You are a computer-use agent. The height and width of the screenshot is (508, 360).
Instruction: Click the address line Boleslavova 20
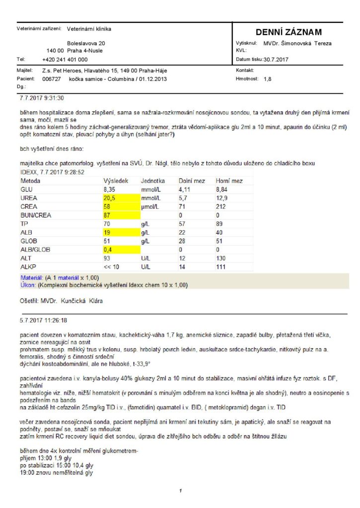pyautogui.click(x=86, y=44)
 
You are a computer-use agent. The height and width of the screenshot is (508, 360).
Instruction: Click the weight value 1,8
pyautogui.click(x=268, y=78)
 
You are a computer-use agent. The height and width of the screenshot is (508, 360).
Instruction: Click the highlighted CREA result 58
pyautogui.click(x=107, y=207)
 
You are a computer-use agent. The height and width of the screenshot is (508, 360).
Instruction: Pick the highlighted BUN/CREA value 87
pyautogui.click(x=107, y=216)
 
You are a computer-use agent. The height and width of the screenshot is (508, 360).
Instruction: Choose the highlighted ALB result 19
pyautogui.click(x=107, y=233)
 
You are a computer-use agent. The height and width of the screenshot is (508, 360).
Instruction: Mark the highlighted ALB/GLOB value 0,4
pyautogui.click(x=108, y=250)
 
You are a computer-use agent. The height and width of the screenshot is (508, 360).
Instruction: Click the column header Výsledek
pyautogui.click(x=115, y=181)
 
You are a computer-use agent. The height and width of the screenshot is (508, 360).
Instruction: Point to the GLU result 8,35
pyautogui.click(x=110, y=190)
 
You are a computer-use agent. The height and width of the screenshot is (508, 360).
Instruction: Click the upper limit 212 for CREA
pyautogui.click(x=220, y=207)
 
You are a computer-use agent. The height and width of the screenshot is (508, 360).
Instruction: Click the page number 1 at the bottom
pyautogui.click(x=181, y=491)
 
